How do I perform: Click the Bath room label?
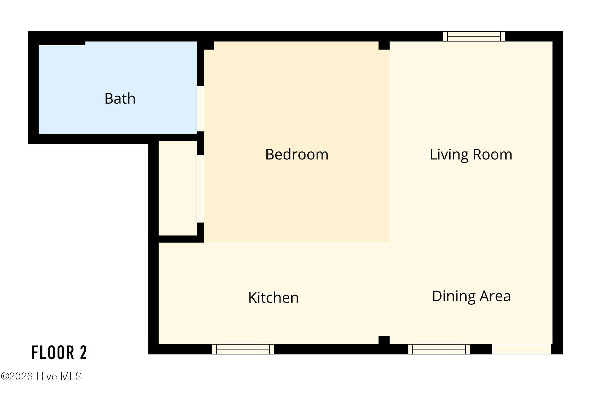click(120, 98)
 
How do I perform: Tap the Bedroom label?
click(297, 154)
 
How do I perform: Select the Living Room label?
click(471, 155)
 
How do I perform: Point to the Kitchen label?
click(273, 298)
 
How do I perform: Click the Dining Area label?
click(472, 296)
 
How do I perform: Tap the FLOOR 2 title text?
click(59, 353)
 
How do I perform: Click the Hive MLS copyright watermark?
click(42, 376)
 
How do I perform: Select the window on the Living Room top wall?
click(474, 36)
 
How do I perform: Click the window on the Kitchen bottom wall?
click(243, 349)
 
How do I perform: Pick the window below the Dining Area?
click(439, 349)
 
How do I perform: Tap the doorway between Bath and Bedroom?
click(200, 109)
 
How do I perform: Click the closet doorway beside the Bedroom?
click(200, 189)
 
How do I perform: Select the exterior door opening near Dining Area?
click(521, 349)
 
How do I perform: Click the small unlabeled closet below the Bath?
click(178, 188)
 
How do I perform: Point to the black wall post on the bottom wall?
click(384, 340)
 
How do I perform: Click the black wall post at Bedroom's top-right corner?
click(384, 45)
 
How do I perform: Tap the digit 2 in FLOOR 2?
click(83, 353)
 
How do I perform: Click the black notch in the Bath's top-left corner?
click(62, 43)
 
